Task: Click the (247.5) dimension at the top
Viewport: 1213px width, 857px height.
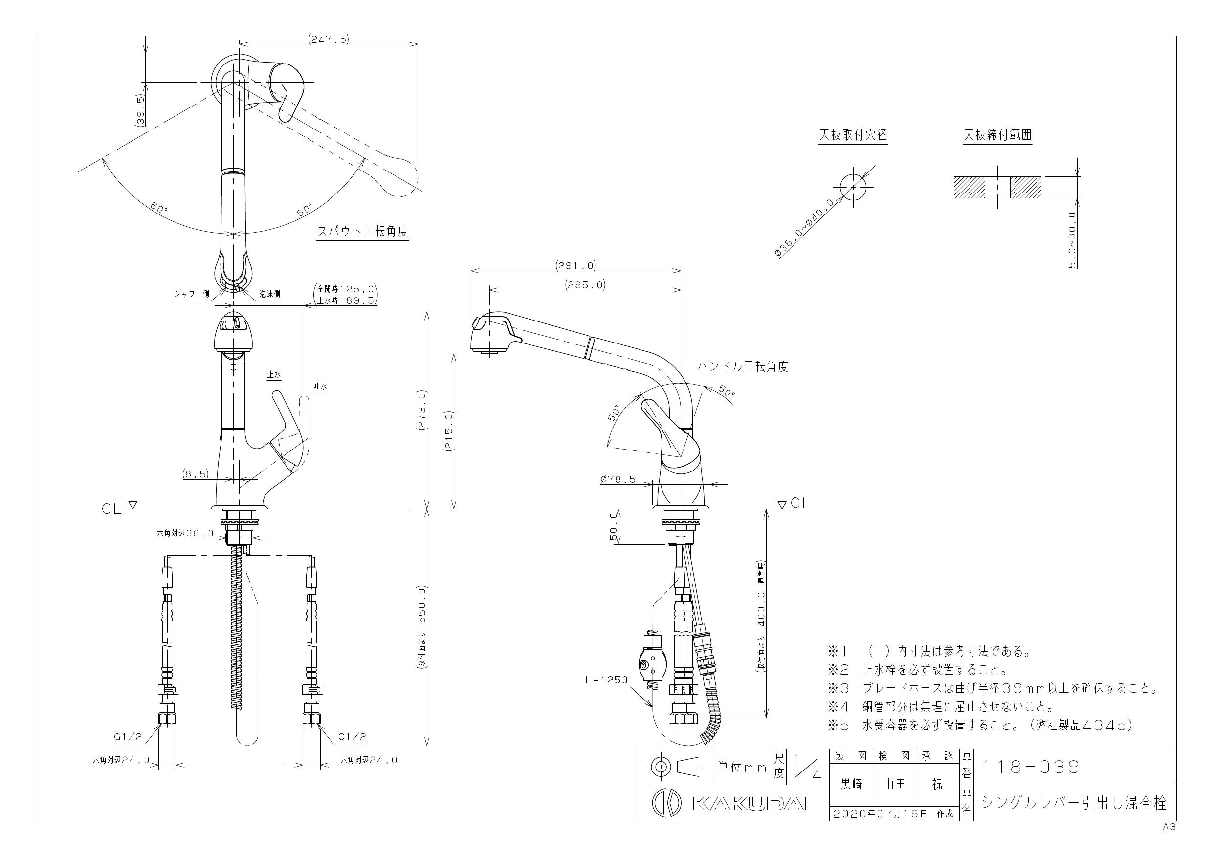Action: (x=328, y=39)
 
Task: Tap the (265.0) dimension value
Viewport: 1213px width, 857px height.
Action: (x=585, y=285)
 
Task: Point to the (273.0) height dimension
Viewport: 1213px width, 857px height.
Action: (x=421, y=411)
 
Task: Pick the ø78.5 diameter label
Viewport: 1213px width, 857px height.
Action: (x=618, y=479)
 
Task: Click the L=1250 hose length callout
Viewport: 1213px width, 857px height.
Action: (x=606, y=680)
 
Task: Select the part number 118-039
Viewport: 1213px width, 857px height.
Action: (x=1031, y=767)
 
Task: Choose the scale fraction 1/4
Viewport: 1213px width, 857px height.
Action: (x=806, y=767)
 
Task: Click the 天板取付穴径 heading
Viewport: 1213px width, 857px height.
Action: (x=853, y=135)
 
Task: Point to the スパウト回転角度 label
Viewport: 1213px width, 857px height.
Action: (x=362, y=231)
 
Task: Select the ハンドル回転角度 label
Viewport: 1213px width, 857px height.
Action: (x=743, y=366)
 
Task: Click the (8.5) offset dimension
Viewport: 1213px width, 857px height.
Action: (x=196, y=474)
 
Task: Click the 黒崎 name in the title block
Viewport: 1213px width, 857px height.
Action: (x=852, y=785)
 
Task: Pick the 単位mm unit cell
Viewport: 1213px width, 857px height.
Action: (x=742, y=767)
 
